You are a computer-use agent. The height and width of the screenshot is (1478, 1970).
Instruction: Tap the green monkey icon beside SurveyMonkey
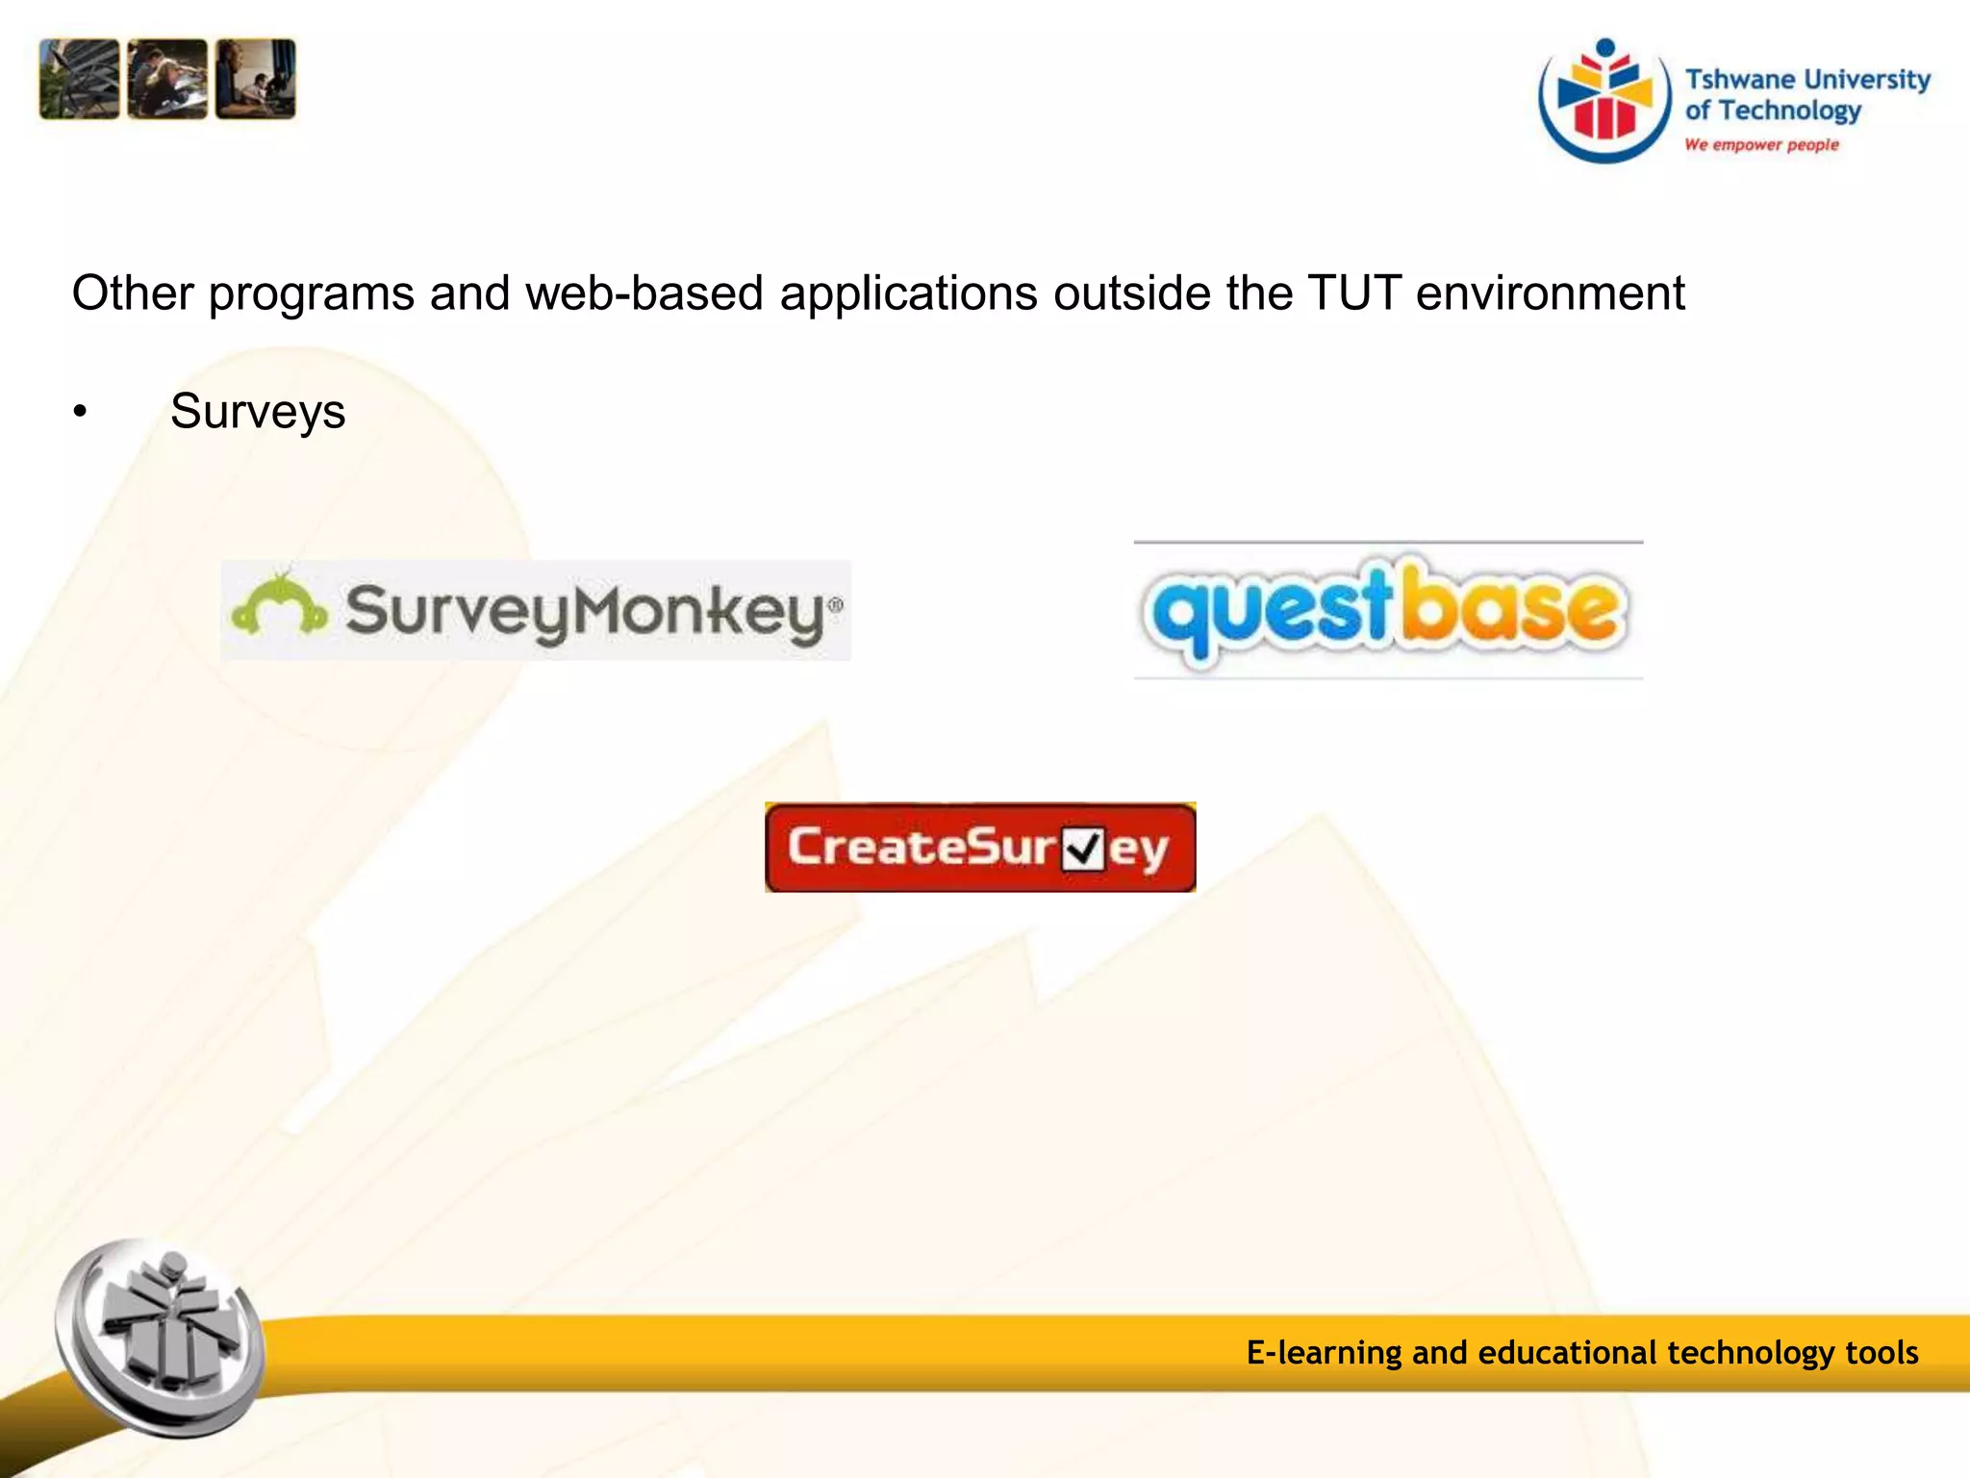[x=279, y=605]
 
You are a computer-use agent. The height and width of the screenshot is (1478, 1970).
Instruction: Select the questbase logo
[x=1388, y=610]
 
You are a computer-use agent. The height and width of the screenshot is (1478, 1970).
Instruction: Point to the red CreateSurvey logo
[x=979, y=848]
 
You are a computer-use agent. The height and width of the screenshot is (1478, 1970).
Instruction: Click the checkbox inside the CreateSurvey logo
[x=1083, y=849]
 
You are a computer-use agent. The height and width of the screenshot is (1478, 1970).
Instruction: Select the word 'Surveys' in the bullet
[x=258, y=412]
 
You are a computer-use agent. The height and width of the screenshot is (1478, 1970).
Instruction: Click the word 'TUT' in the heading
[x=1353, y=293]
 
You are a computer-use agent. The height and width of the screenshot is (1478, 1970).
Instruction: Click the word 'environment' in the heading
[x=1550, y=293]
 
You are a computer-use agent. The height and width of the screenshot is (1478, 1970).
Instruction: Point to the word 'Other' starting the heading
[x=133, y=293]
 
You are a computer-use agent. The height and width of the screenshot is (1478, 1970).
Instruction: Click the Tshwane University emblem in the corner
[x=1604, y=101]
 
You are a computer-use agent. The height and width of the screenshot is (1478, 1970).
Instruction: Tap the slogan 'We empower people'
[x=1761, y=145]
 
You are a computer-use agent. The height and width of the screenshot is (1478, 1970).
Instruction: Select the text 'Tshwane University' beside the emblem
[x=1807, y=79]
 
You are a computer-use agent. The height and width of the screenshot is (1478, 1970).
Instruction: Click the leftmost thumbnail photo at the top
[x=80, y=79]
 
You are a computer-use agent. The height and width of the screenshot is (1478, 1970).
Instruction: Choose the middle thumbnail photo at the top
[x=167, y=79]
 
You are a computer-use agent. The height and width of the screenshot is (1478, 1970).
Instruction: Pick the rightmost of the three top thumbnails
[x=256, y=79]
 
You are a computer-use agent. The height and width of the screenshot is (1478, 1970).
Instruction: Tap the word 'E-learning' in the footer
[x=1324, y=1353]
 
